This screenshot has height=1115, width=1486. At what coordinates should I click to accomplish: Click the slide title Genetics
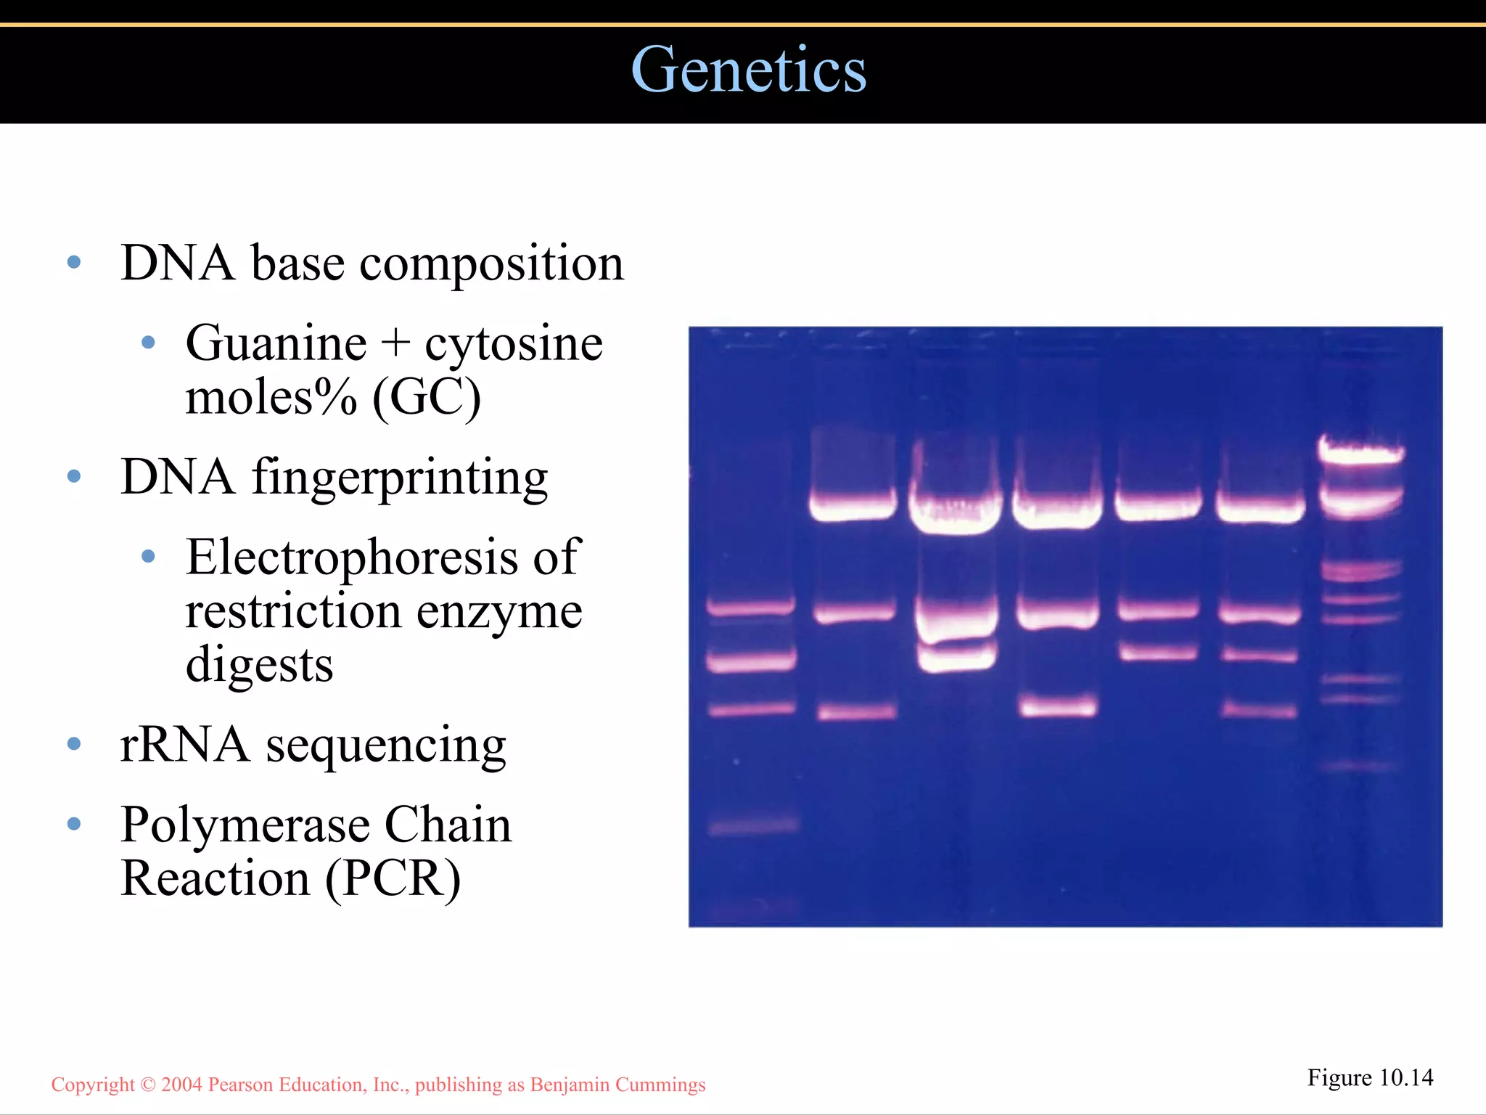tap(748, 70)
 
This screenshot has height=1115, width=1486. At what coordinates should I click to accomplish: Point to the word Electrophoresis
tap(351, 557)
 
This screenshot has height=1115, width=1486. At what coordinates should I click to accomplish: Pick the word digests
tap(259, 665)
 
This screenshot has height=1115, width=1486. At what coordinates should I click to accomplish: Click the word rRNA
tap(184, 745)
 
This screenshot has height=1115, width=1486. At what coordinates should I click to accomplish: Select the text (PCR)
tap(392, 879)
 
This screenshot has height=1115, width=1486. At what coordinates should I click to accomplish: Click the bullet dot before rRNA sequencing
tap(73, 744)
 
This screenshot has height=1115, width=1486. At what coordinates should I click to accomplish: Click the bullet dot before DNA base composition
tap(73, 262)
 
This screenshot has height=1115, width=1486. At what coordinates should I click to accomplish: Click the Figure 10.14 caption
tap(1369, 1078)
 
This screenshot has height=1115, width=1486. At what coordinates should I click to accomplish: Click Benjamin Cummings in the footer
tap(617, 1085)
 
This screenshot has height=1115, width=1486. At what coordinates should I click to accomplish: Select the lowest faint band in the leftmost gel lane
tap(752, 825)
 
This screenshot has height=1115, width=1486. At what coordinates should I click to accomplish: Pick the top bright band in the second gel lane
tap(853, 506)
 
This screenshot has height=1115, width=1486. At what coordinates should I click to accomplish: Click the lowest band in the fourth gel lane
tap(1057, 706)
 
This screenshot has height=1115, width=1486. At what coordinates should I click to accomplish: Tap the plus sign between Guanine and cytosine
tap(395, 343)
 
